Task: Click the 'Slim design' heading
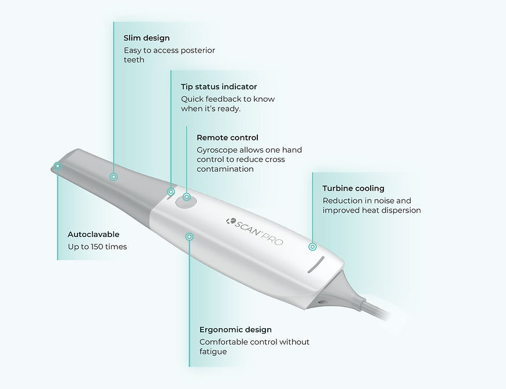(146, 38)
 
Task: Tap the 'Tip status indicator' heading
(219, 87)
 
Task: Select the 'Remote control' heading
(227, 138)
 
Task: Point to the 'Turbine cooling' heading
(353, 188)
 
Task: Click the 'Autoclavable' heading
(94, 235)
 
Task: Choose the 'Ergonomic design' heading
(235, 329)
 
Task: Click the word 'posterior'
(198, 51)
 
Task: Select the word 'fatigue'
(213, 351)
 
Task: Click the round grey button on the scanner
(186, 202)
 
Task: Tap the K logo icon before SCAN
(230, 221)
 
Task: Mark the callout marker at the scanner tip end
(57, 166)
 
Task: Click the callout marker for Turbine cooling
(312, 247)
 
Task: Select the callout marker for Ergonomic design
(190, 237)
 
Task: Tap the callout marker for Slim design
(113, 177)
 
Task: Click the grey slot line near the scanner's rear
(316, 265)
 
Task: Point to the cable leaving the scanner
(378, 310)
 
